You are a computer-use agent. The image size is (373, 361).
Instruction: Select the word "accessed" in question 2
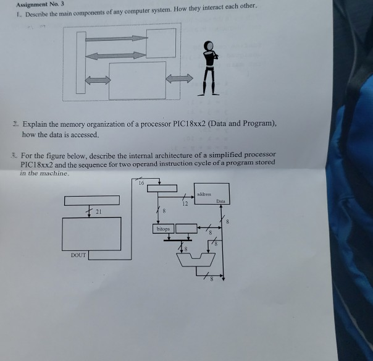coord(80,134)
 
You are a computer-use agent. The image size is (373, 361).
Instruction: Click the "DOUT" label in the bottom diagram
coord(78,255)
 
